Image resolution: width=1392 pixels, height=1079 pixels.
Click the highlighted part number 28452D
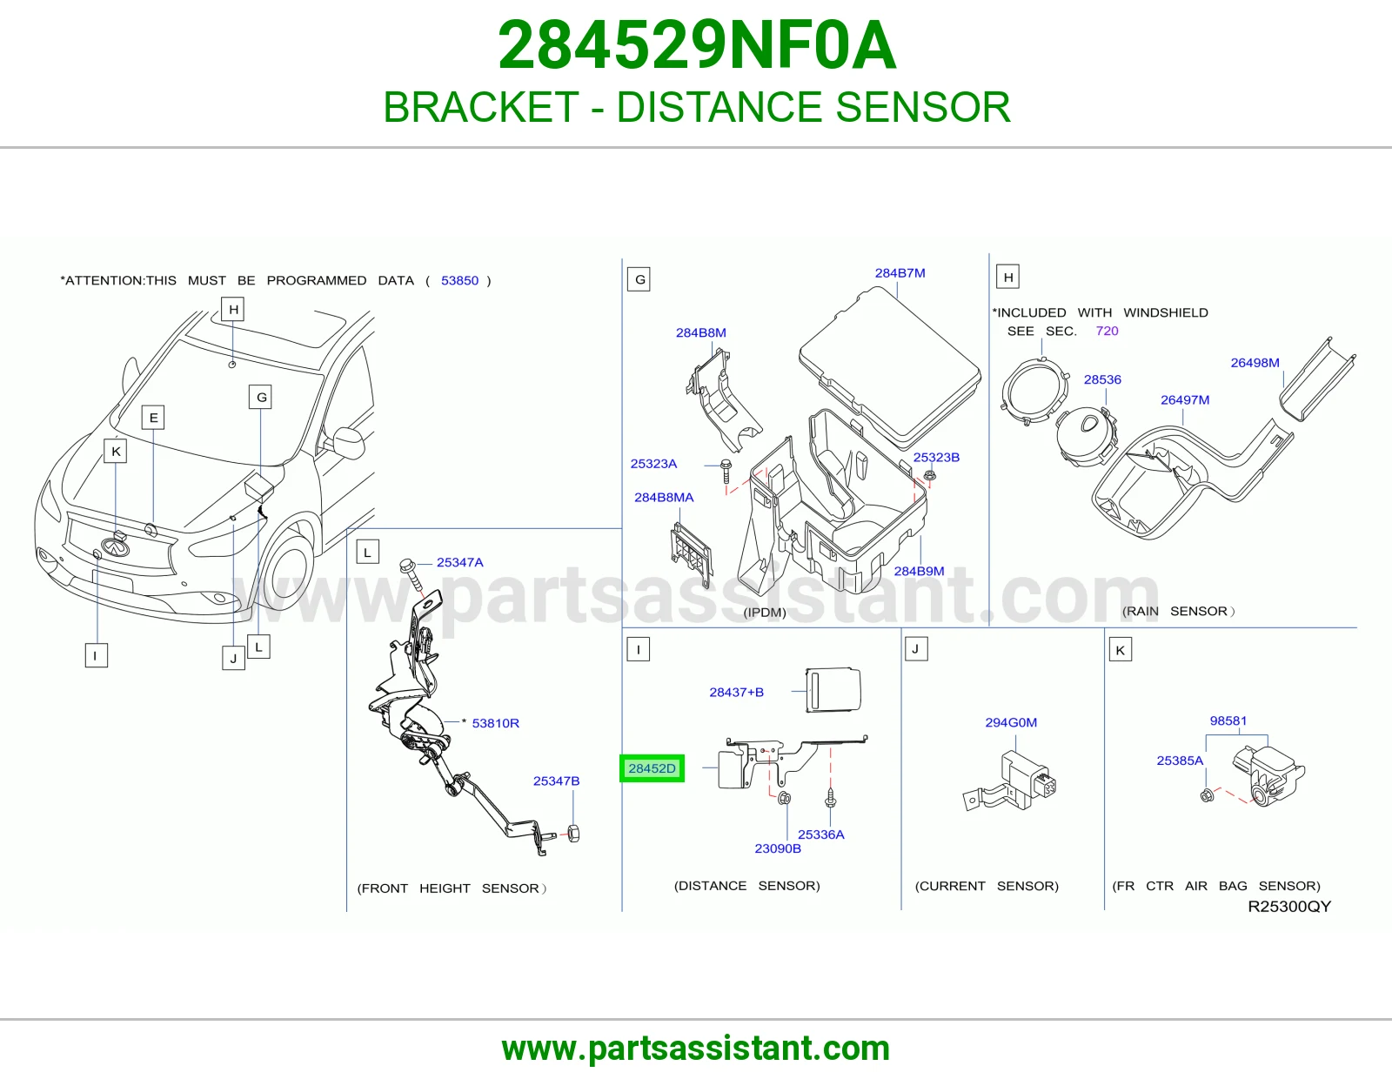point(652,768)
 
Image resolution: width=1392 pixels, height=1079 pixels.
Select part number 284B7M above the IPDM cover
point(900,273)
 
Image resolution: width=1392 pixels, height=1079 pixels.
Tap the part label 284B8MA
point(664,497)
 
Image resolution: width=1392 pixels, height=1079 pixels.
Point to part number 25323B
point(936,457)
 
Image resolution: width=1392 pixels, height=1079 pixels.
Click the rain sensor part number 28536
point(1102,379)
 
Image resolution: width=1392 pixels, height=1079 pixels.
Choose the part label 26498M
point(1255,363)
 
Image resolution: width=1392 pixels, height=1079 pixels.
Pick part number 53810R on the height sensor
point(495,723)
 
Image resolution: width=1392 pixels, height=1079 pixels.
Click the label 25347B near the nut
point(556,781)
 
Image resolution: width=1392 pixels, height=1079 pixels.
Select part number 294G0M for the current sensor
point(1011,722)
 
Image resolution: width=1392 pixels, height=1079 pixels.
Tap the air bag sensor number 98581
point(1228,720)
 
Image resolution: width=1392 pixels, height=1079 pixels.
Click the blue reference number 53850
point(459,280)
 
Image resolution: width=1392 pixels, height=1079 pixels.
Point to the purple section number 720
point(1107,331)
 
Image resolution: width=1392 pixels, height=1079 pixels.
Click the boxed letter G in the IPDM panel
point(639,279)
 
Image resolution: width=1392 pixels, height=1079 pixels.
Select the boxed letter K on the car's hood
point(116,451)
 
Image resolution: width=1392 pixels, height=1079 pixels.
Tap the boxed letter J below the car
point(233,658)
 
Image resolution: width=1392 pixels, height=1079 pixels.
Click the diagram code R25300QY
point(1288,906)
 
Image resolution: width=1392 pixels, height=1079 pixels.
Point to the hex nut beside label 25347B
point(573,833)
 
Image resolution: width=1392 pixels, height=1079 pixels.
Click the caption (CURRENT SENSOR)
point(987,886)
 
